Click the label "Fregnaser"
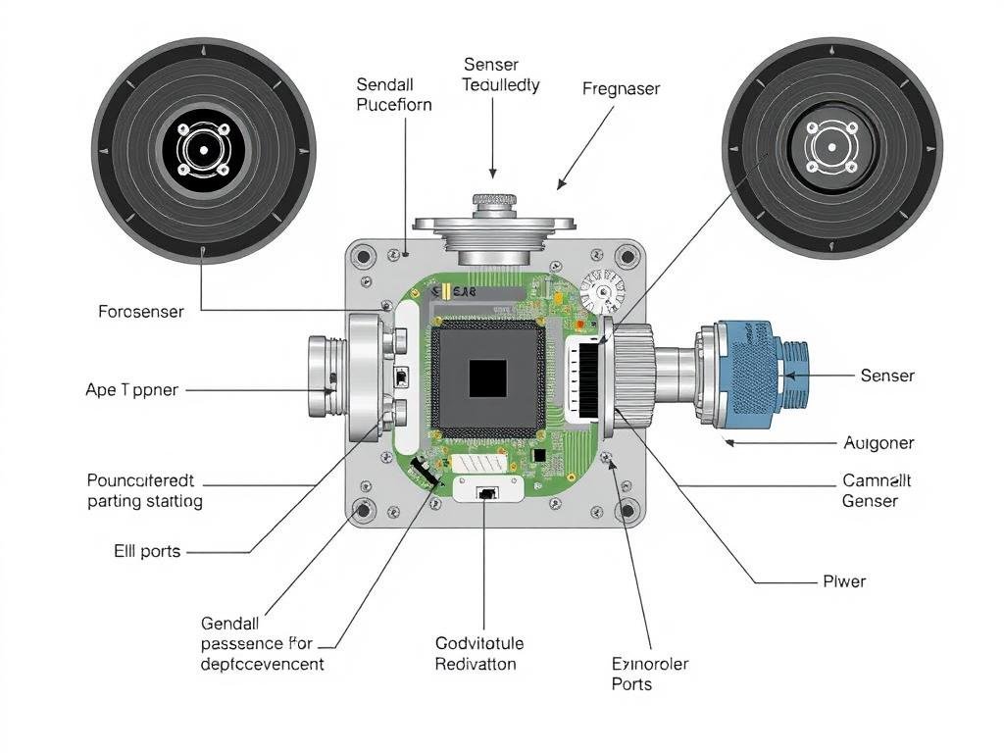(x=621, y=89)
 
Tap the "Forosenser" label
(x=141, y=312)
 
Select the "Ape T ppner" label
(x=132, y=390)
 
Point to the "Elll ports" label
(x=148, y=551)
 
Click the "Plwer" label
(x=844, y=581)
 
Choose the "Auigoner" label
(x=878, y=443)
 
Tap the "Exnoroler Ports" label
(x=649, y=674)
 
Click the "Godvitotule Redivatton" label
(x=479, y=654)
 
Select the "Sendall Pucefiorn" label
(x=394, y=95)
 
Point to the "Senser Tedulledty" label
(x=501, y=75)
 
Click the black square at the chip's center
(x=487, y=378)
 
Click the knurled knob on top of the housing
(x=494, y=201)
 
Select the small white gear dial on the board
(x=601, y=291)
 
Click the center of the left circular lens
(x=202, y=150)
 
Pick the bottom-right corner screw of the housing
(x=628, y=510)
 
